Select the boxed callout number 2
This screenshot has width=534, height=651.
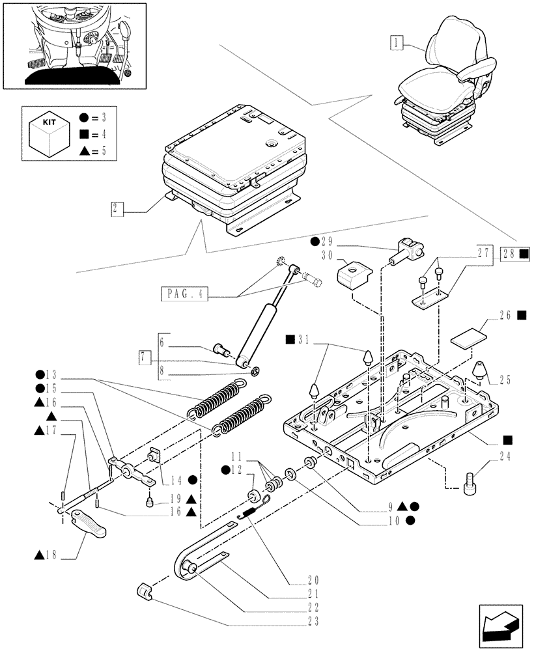pyautogui.click(x=117, y=210)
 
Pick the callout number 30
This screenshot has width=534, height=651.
pyautogui.click(x=327, y=255)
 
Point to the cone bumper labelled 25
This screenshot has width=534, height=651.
pyautogui.click(x=481, y=370)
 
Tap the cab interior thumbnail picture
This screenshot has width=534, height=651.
pyautogui.click(x=74, y=45)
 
